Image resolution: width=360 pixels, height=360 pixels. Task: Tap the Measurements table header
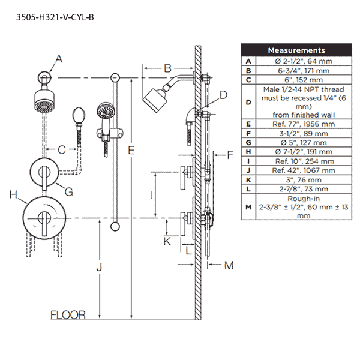(296, 50)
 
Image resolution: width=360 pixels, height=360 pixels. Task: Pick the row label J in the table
(248, 170)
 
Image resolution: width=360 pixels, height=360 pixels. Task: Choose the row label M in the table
(248, 207)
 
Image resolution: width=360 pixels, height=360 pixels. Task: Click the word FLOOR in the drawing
(68, 314)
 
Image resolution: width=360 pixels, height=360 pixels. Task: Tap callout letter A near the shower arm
(58, 58)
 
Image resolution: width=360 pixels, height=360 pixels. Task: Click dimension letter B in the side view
(168, 68)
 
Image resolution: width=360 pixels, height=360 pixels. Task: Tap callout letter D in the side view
(223, 94)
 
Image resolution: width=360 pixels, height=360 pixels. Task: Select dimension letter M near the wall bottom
(228, 264)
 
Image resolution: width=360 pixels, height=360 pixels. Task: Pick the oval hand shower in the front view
(78, 116)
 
